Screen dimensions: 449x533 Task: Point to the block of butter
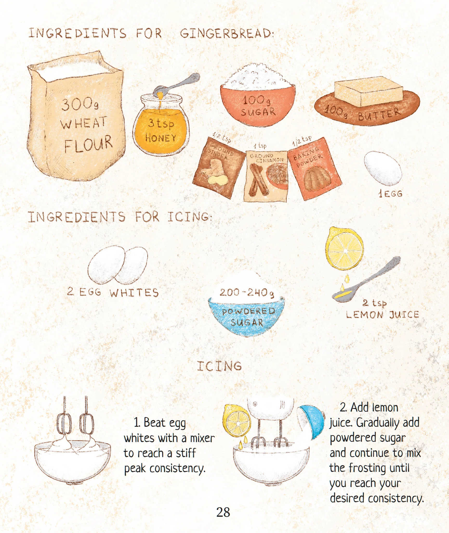[368, 91]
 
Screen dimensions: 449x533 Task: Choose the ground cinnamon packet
[266, 176]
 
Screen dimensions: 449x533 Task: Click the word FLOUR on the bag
[88, 144]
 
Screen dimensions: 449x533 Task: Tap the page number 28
[223, 512]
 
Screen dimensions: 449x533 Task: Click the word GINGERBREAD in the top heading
[227, 34]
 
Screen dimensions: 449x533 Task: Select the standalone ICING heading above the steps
[219, 366]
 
